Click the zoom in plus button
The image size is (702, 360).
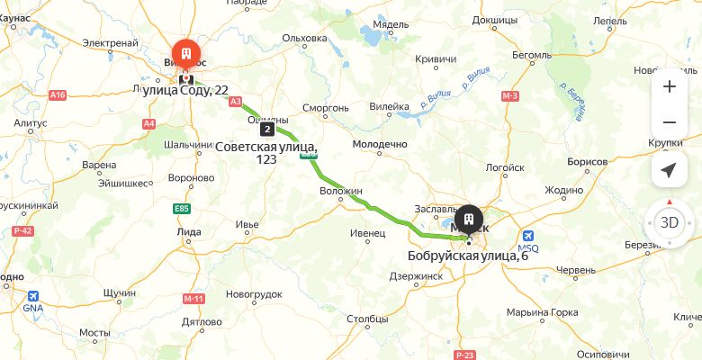coord(669,87)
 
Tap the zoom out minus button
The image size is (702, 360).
coord(669,122)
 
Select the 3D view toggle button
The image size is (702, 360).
coord(669,222)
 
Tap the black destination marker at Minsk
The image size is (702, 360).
coord(469,220)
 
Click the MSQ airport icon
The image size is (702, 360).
coord(526,238)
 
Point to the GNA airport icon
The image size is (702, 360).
coord(33,296)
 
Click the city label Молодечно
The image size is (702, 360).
coord(380,144)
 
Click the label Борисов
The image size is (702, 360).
coord(588,161)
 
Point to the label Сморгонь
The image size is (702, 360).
coord(324,108)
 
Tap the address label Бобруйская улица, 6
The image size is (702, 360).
coord(467,256)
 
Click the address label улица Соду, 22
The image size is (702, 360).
coord(185,90)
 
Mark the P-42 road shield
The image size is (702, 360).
coord(23,231)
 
